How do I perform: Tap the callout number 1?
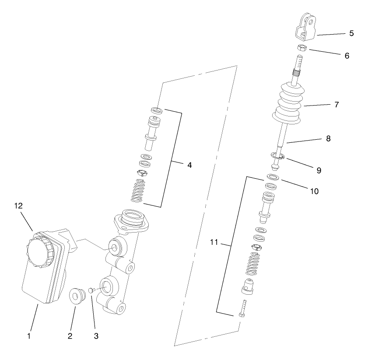29,336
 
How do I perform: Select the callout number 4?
189,165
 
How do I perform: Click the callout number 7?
336,105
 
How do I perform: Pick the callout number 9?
319,170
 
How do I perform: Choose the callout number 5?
351,33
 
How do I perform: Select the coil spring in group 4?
139,191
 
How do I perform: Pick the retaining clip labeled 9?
277,155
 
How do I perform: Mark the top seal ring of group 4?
157,109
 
